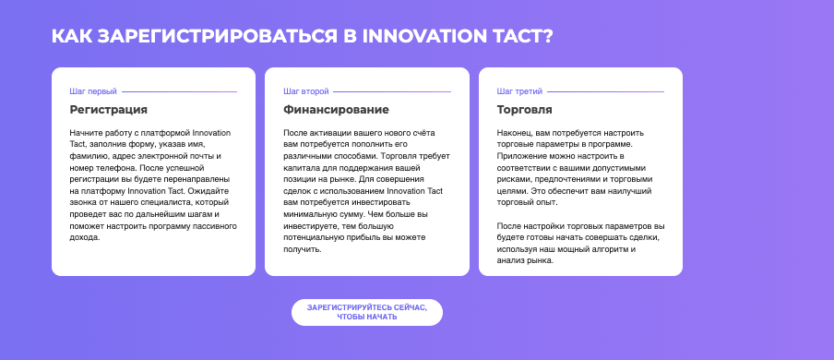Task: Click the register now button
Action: point(367,312)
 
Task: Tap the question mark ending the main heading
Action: point(547,36)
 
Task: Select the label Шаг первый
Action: point(93,91)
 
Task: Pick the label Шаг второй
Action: point(306,91)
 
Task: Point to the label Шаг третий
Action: point(519,91)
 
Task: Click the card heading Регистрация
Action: point(109,110)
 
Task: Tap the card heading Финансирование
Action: point(336,110)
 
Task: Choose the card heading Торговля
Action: point(524,110)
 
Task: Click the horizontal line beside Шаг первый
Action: point(180,91)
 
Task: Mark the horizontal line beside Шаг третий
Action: point(606,91)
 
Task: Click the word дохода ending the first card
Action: point(85,238)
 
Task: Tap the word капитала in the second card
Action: point(300,168)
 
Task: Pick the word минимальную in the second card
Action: point(308,214)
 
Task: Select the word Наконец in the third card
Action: point(513,133)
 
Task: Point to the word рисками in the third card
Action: point(513,179)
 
